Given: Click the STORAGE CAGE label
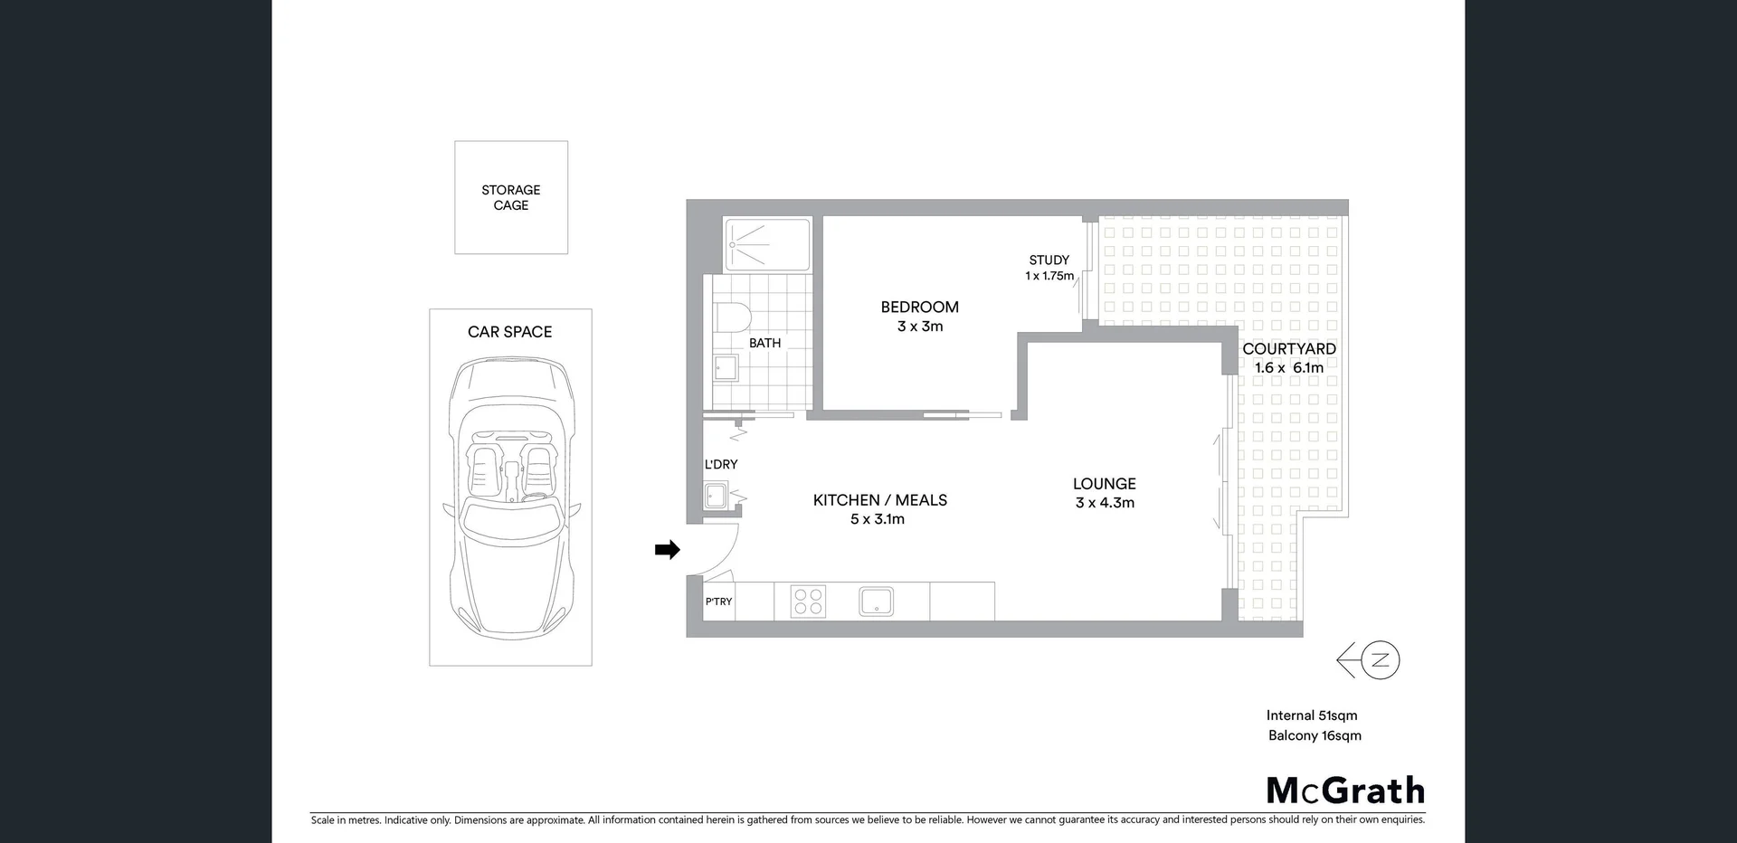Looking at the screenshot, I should [x=510, y=197].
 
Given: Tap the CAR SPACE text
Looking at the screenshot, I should [x=509, y=332].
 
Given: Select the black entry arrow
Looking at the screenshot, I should [x=668, y=549].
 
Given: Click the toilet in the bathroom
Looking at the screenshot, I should [x=733, y=318].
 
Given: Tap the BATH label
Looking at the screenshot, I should [x=764, y=343].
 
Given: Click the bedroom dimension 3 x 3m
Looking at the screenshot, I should [x=920, y=327].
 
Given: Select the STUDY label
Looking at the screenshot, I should [x=1049, y=260].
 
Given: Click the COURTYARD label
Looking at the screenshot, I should [x=1288, y=349].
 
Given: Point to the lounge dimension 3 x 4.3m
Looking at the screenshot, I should [x=1105, y=503].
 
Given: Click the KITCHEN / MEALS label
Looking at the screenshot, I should [x=879, y=500].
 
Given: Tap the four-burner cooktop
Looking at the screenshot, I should [x=808, y=601].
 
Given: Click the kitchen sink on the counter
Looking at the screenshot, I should [x=876, y=601].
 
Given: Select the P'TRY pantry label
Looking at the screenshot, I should [x=718, y=601].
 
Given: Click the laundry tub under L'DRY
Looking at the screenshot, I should [x=716, y=496].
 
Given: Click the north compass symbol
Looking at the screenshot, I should [x=1379, y=660].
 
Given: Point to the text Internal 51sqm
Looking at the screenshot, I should [x=1311, y=715].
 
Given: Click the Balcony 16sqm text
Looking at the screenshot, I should [x=1315, y=735].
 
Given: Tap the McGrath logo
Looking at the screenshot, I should [x=1345, y=791].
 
